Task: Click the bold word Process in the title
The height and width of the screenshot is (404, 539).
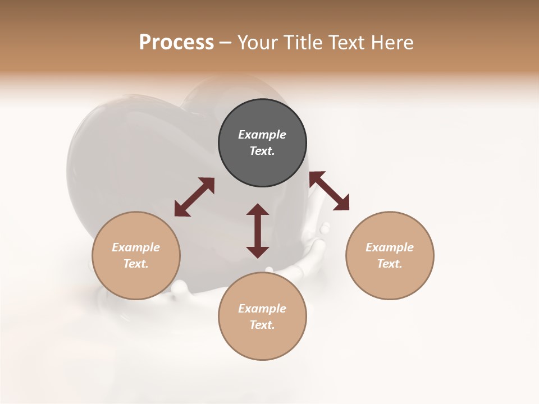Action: tap(176, 43)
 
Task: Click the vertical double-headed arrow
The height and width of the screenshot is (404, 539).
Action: tap(258, 231)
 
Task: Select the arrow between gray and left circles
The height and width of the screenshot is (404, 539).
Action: tap(194, 197)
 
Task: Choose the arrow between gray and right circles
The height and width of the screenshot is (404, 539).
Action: tap(329, 191)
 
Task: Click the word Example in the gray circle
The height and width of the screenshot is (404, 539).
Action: tap(262, 135)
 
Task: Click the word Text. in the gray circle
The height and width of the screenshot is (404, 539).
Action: tap(262, 151)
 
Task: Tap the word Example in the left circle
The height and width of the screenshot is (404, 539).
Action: tap(136, 247)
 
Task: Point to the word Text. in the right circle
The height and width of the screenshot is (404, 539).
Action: tap(390, 264)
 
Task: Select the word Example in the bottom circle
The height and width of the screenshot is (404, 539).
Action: tap(262, 309)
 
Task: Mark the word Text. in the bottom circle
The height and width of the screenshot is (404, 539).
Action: tap(262, 325)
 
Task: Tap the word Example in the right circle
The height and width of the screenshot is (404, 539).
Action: tap(390, 247)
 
